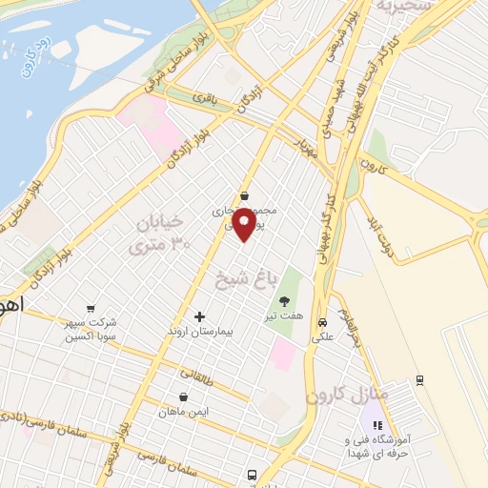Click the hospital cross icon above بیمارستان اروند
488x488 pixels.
click(199, 316)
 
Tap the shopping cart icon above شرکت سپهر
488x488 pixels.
click(90, 308)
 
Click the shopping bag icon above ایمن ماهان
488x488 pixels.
click(183, 396)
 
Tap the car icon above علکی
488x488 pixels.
click(322, 321)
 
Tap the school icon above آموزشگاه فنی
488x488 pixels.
click(376, 426)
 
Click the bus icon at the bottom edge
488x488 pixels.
click(252, 474)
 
